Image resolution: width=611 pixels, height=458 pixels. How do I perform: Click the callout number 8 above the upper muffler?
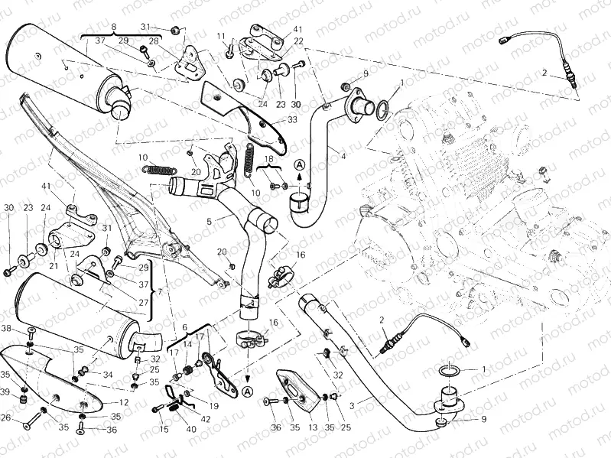pyautogui.click(x=113, y=27)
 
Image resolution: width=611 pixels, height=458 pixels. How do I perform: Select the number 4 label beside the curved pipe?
pyautogui.click(x=343, y=157)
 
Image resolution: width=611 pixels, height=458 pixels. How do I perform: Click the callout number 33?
pyautogui.click(x=291, y=119)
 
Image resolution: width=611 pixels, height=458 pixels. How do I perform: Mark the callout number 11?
pyautogui.click(x=220, y=36)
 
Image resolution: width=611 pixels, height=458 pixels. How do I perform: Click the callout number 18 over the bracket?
pyautogui.click(x=268, y=158)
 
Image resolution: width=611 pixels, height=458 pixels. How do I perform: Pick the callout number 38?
pyautogui.click(x=5, y=329)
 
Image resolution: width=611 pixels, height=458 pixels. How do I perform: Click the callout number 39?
pyautogui.click(x=5, y=391)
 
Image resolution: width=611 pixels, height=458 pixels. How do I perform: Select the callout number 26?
pyautogui.click(x=5, y=417)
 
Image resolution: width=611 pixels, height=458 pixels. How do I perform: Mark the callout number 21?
pyautogui.click(x=54, y=265)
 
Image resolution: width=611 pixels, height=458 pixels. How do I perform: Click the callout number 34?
pyautogui.click(x=108, y=375)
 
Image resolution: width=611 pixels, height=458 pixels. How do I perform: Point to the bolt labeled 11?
pyautogui.click(x=229, y=52)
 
